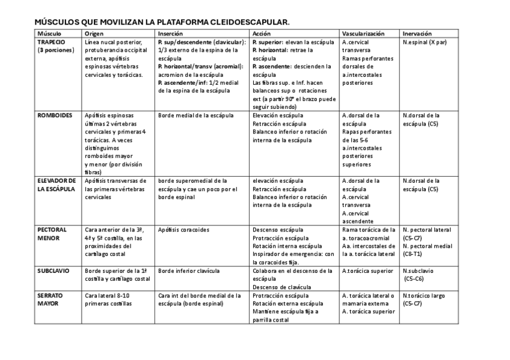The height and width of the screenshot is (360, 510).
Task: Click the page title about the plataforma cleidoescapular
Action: click(x=162, y=22)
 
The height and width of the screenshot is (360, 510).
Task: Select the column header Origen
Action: click(x=95, y=34)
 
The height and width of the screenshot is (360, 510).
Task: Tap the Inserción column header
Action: click(x=170, y=34)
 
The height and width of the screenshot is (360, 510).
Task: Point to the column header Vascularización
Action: click(x=363, y=34)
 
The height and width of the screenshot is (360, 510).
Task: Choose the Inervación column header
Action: click(x=416, y=34)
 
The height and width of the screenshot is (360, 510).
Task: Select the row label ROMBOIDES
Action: click(x=55, y=115)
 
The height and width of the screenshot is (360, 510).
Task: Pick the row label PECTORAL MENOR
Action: click(x=52, y=234)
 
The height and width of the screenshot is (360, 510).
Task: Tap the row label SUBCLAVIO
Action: click(x=54, y=271)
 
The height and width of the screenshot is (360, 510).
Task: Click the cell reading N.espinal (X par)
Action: click(x=425, y=43)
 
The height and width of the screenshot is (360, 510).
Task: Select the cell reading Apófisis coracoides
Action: click(x=183, y=230)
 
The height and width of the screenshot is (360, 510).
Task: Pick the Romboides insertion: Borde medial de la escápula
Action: click(x=195, y=115)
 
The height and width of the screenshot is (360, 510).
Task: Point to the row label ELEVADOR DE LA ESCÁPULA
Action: click(x=56, y=185)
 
